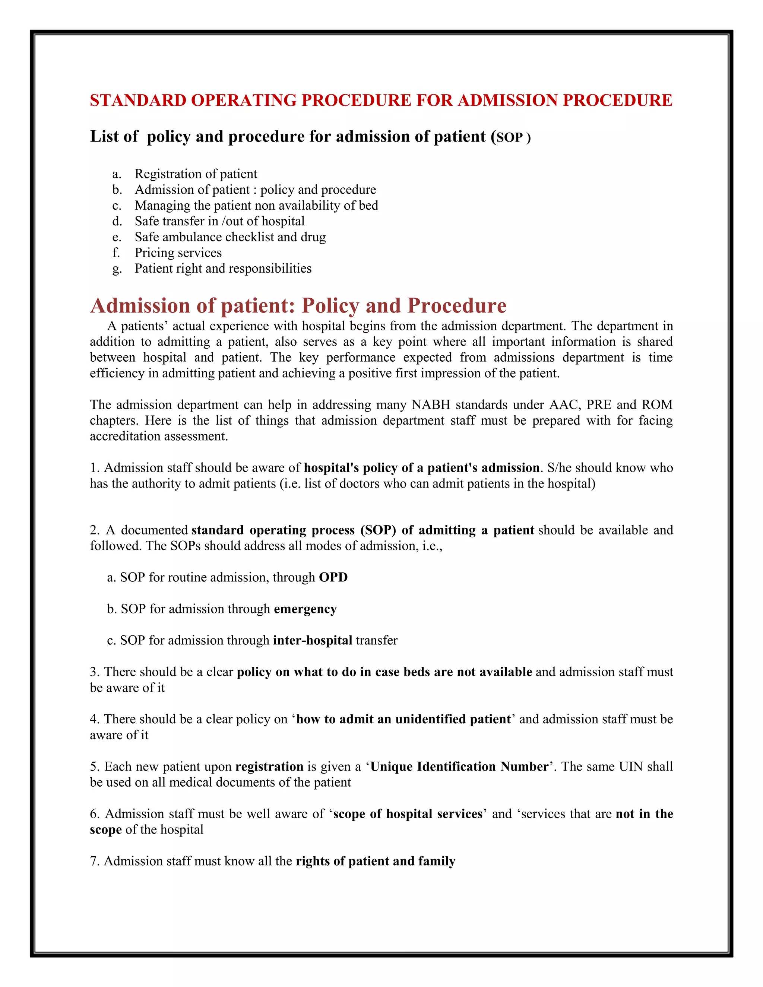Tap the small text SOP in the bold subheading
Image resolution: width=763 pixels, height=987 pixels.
pyautogui.click(x=509, y=137)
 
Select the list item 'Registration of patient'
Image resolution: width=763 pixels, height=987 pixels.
pyautogui.click(x=196, y=174)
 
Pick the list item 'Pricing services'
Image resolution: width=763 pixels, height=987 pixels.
pyautogui.click(x=178, y=253)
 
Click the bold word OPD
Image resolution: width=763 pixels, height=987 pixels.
pyautogui.click(x=333, y=578)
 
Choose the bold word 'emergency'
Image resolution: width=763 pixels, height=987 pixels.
pyautogui.click(x=305, y=609)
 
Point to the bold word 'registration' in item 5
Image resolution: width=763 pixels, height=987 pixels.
pyautogui.click(x=269, y=767)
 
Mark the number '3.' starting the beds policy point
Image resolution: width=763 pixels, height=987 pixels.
pyautogui.click(x=95, y=672)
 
